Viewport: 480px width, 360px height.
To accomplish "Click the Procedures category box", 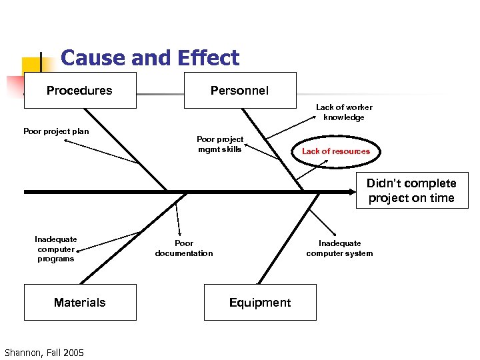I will [80, 91].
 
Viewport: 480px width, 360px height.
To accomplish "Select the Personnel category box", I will [239, 91].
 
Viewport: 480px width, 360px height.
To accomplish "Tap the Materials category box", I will [80, 303].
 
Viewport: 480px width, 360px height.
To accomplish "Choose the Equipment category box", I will [260, 303].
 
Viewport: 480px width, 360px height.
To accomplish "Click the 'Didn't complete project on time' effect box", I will [412, 191].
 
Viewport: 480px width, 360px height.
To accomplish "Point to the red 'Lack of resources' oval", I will [335, 151].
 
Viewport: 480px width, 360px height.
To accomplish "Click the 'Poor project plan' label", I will [56, 131].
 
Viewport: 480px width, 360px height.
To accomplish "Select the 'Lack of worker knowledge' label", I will [344, 112].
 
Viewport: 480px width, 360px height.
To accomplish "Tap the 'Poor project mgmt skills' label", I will [220, 144].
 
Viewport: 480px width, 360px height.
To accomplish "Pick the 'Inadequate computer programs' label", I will [56, 249].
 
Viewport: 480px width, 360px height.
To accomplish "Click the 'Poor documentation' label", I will [184, 249].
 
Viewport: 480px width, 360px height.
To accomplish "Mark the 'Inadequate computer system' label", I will [339, 248].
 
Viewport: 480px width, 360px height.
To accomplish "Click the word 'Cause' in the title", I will [89, 59].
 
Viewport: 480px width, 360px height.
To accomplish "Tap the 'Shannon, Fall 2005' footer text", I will [44, 352].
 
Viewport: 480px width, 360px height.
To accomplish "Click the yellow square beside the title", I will [31, 67].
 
